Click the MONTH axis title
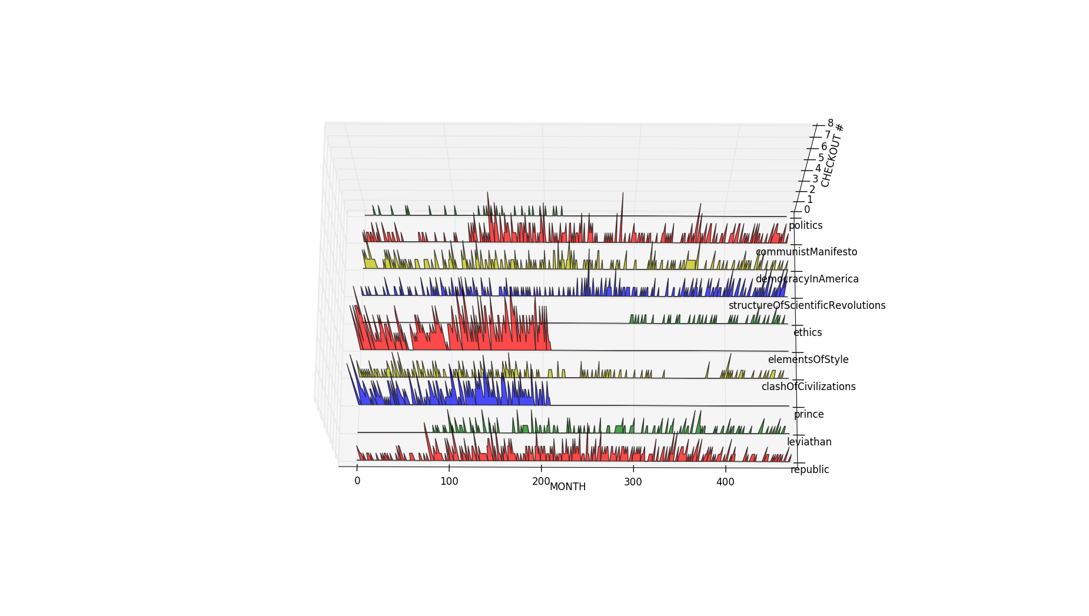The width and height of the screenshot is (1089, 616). point(567,487)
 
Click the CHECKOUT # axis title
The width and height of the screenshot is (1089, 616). point(832,156)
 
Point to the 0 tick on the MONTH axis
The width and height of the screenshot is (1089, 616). point(357,481)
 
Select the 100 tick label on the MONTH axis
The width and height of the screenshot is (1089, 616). point(449,481)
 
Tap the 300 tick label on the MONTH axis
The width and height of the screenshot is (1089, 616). point(633,482)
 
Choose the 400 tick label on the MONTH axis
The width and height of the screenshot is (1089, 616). point(725,482)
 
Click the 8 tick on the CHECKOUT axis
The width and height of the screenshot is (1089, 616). point(830,123)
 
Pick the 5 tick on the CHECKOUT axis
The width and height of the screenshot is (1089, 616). point(821,158)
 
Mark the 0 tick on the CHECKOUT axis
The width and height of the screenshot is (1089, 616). point(807,210)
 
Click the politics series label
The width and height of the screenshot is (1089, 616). point(805,225)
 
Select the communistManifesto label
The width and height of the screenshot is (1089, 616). point(806,252)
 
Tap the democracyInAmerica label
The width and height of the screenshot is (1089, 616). point(806,279)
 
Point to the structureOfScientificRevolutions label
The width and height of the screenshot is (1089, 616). point(806,305)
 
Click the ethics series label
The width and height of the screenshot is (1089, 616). point(807,332)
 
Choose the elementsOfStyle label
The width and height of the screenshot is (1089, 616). point(808,359)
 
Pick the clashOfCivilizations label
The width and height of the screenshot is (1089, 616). point(808,387)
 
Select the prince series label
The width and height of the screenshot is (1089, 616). point(809,414)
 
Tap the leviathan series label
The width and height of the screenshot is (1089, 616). point(809,442)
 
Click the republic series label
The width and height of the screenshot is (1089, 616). point(810,470)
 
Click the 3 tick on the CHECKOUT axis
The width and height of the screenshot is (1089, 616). point(815,179)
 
